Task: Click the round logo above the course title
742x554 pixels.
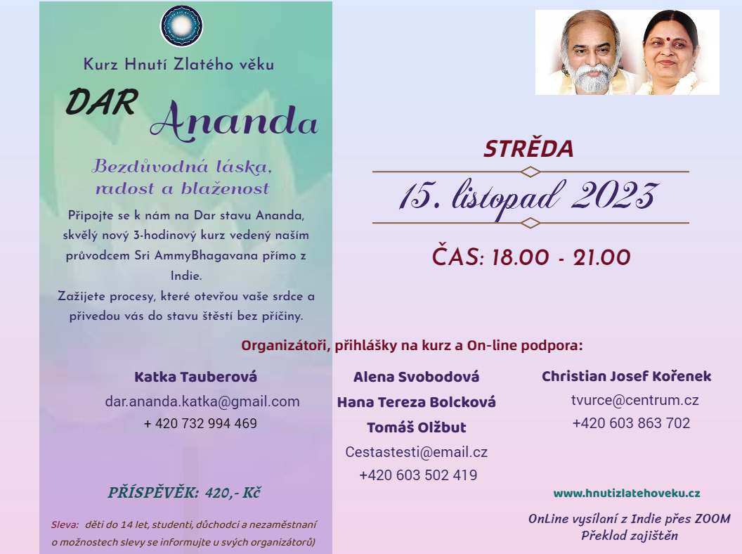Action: (182, 26)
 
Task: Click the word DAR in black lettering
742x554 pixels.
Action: (102, 102)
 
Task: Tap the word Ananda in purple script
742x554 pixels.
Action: (234, 121)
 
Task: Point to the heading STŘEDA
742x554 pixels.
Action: (528, 148)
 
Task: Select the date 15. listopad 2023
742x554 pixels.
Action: (528, 197)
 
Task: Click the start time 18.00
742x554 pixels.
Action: (521, 258)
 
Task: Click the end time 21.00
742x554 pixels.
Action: (602, 258)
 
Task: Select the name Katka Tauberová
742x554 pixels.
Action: (196, 377)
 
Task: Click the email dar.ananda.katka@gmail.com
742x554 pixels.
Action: (202, 401)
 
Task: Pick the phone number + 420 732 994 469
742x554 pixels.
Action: (201, 423)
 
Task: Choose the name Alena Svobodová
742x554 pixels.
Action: (417, 377)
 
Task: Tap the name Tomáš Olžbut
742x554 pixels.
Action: (417, 427)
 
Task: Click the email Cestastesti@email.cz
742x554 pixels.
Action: (417, 452)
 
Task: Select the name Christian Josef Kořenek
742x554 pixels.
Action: (627, 376)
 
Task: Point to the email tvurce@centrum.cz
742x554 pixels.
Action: (635, 400)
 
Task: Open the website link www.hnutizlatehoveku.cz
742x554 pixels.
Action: (627, 494)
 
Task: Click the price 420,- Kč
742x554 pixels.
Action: (233, 493)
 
